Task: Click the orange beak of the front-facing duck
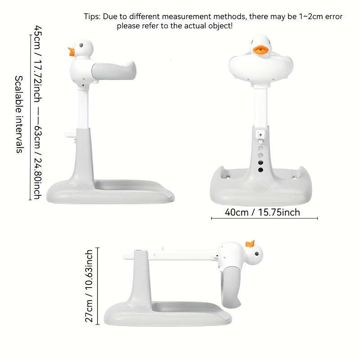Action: (261, 50)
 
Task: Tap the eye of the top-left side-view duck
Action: (81, 45)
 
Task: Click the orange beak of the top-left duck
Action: (72, 52)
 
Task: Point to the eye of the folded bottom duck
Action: (256, 254)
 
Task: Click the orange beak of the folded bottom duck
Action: (250, 243)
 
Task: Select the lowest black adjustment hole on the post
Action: (261, 170)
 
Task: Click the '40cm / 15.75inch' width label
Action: (262, 212)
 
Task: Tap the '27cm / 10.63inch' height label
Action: (89, 286)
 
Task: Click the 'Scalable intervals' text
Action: (19, 114)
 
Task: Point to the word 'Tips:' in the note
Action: (92, 17)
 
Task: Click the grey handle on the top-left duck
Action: (113, 71)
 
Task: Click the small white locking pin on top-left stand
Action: (71, 134)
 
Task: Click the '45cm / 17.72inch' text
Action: (38, 64)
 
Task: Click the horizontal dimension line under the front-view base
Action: (264, 218)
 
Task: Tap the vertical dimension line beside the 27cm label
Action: (98, 286)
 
